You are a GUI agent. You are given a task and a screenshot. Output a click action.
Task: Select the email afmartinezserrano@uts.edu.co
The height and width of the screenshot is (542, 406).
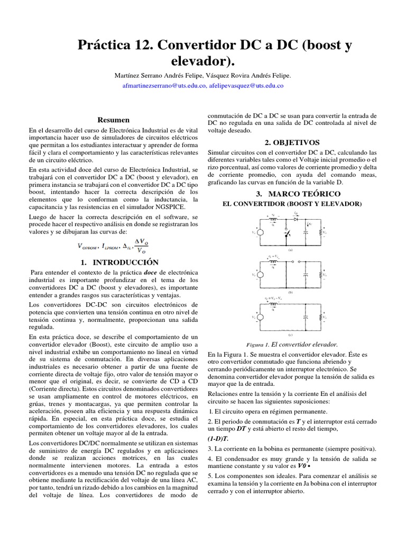[x=164, y=85]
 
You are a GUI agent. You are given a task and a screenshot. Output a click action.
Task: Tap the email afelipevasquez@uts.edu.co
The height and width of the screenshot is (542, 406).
[x=246, y=85]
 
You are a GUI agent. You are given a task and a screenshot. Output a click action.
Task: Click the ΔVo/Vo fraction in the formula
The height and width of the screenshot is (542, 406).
[x=141, y=245]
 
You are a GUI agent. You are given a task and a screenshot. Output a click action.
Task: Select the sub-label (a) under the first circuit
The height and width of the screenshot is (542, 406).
[x=290, y=250]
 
